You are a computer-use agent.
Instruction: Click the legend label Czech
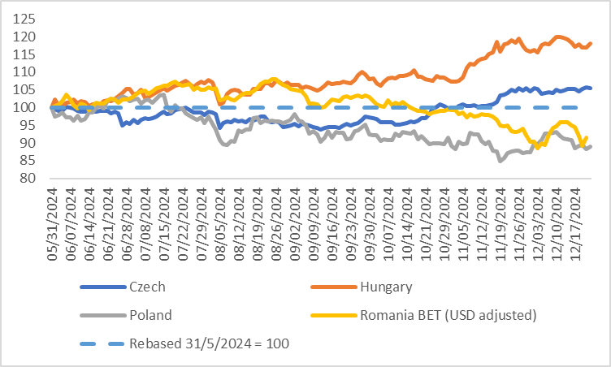tap(147, 286)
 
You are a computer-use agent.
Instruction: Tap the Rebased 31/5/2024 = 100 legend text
tap(209, 343)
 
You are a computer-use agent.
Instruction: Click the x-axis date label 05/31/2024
tap(51, 216)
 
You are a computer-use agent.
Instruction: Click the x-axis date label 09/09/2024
tap(312, 216)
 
